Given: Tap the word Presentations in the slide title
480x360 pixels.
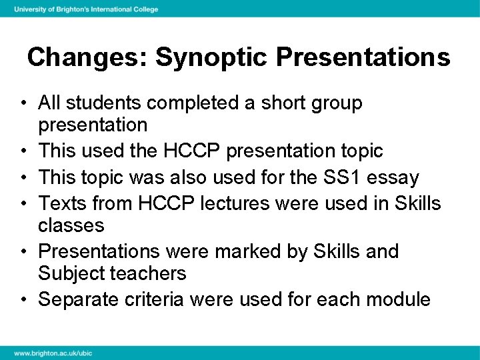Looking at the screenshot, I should [363, 57].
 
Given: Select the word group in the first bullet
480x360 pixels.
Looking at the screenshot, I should [332, 104].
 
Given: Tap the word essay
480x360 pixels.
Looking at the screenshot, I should [397, 179].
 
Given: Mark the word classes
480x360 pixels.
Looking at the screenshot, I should [71, 225].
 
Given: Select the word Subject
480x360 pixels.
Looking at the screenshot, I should [75, 273].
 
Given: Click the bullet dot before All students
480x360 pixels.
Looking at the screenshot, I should [23, 104].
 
